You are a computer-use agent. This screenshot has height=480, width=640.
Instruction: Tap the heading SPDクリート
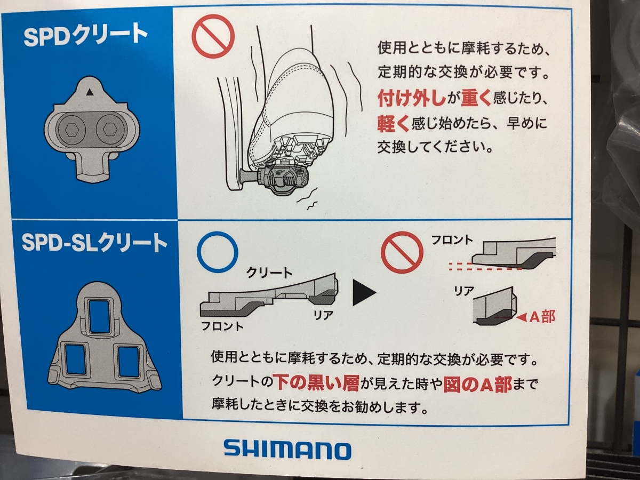85,36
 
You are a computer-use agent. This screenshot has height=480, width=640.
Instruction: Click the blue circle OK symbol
217,252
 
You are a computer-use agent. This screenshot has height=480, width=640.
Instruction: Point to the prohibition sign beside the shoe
213,36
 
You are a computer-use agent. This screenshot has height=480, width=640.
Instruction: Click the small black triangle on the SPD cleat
90,92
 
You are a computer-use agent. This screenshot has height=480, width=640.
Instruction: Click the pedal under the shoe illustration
280,180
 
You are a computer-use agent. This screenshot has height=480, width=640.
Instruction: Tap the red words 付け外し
411,99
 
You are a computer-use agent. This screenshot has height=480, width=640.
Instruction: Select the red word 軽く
394,124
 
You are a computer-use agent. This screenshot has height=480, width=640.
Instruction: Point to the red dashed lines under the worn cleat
485,266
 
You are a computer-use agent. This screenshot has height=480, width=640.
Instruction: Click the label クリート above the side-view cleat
269,273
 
